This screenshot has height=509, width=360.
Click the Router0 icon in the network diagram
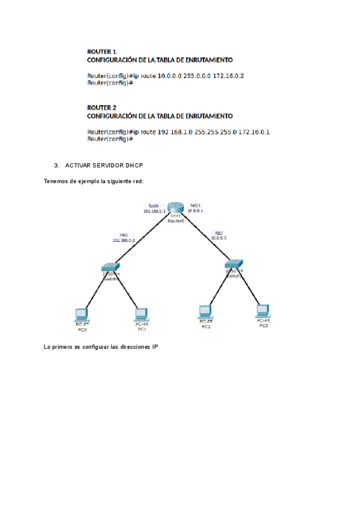pyautogui.click(x=176, y=208)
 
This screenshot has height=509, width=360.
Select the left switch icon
pyautogui.click(x=111, y=268)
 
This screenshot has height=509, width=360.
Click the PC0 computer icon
pyautogui.click(x=82, y=315)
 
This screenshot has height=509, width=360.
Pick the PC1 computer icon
pyautogui.click(x=142, y=315)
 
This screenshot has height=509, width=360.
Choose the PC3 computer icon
pyautogui.click(x=262, y=311)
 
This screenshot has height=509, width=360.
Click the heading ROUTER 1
pyautogui.click(x=102, y=52)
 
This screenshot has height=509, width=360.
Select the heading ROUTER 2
pyautogui.click(x=102, y=107)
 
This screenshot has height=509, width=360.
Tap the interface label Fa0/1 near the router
pyautogui.click(x=196, y=205)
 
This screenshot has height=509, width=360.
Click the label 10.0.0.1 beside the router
pyautogui.click(x=196, y=211)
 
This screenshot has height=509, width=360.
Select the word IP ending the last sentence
pyautogui.click(x=155, y=347)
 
